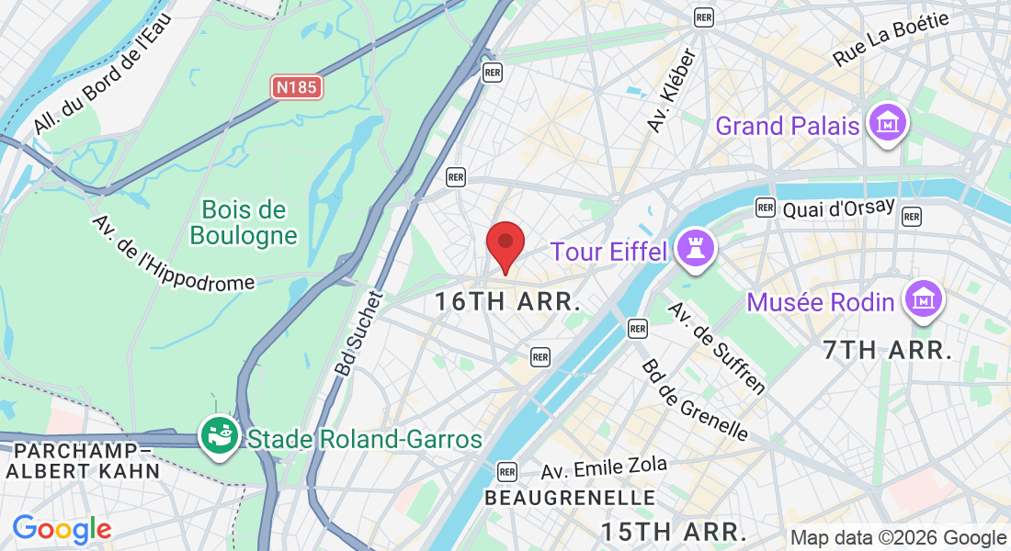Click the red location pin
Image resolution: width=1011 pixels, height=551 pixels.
[505, 243]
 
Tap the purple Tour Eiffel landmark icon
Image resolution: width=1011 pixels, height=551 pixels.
[694, 248]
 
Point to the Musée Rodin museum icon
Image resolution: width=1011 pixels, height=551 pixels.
[923, 300]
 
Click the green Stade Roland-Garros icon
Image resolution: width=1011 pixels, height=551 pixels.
[220, 435]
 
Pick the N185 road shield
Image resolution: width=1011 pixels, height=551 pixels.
[298, 88]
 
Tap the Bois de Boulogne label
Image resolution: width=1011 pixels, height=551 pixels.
[244, 223]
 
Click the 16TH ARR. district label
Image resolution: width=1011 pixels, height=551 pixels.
[508, 301]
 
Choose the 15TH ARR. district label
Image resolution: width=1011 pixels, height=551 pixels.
[674, 531]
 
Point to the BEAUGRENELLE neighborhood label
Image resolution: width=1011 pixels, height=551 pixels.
[570, 498]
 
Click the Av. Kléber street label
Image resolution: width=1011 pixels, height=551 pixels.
[673, 90]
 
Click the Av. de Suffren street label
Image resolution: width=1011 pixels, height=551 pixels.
[716, 347]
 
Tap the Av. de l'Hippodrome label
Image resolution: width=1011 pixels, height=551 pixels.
[173, 253]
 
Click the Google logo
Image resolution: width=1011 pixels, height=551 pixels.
[62, 530]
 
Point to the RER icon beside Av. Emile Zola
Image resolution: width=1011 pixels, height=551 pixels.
[506, 471]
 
